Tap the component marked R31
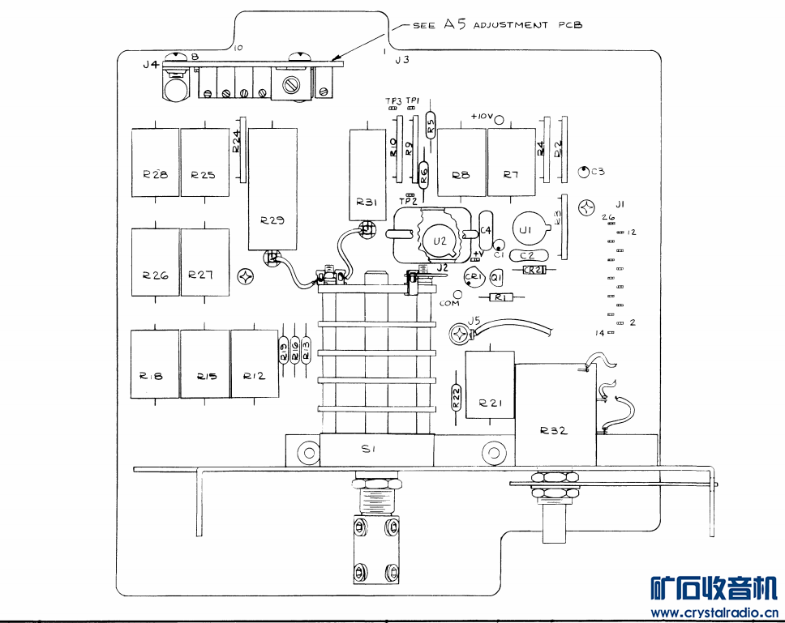(367, 174)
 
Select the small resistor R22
(456, 397)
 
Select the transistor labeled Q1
(496, 278)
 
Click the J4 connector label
(150, 65)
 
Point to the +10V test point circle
(501, 120)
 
